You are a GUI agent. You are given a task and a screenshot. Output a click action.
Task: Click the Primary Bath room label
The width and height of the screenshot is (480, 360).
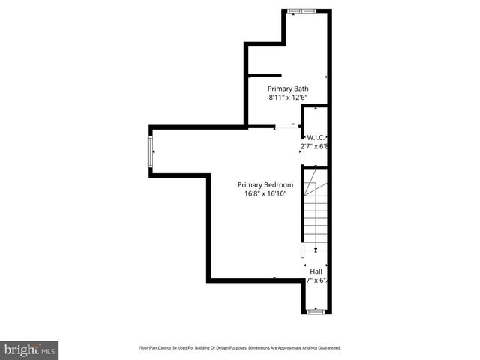click(288, 88)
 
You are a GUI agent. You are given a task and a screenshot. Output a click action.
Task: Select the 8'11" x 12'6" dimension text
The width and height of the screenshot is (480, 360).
click(288, 97)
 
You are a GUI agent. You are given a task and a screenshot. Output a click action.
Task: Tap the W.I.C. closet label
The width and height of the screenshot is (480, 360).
click(315, 137)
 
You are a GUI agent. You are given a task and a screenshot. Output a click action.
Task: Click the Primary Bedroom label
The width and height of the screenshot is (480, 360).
click(265, 184)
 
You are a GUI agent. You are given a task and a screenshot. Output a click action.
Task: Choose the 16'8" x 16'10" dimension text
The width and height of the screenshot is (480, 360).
click(265, 194)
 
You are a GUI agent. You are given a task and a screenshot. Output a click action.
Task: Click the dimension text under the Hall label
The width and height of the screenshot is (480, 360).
click(316, 280)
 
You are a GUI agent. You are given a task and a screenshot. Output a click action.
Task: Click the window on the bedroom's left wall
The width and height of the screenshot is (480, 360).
click(151, 152)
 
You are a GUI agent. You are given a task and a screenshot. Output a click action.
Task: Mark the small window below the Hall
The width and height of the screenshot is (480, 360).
click(316, 310)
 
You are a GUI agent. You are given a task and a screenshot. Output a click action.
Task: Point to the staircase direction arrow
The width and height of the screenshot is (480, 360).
click(316, 248)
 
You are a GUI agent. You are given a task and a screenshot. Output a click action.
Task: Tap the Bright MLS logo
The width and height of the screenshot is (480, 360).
click(30, 349)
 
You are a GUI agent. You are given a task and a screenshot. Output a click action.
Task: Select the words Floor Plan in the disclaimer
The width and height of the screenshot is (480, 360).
click(150, 348)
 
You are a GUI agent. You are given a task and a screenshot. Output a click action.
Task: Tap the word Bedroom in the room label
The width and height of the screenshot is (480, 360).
click(277, 184)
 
